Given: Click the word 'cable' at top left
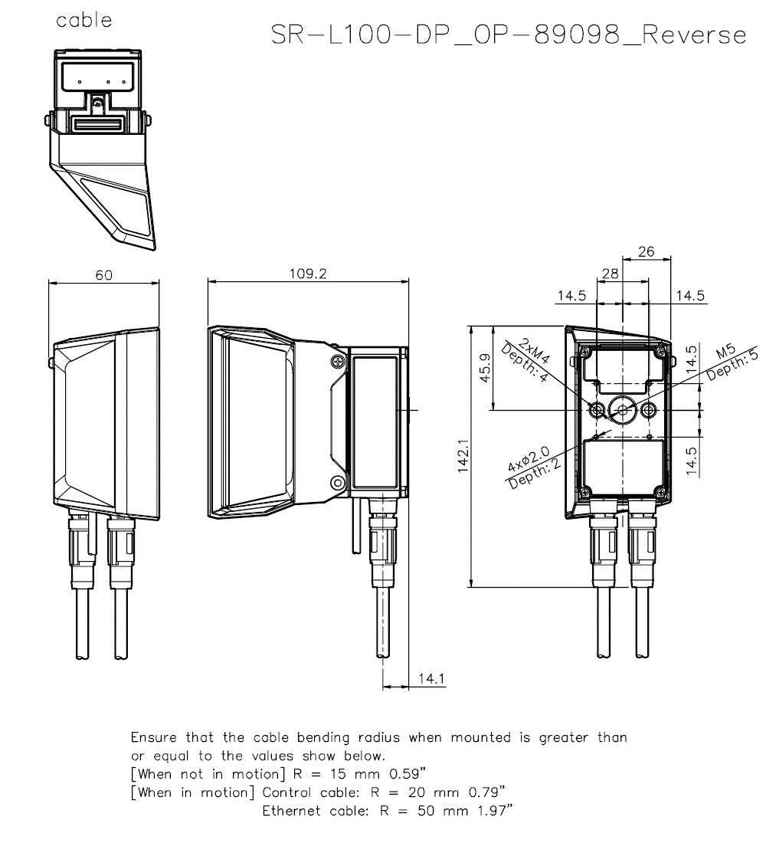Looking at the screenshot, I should (x=84, y=21).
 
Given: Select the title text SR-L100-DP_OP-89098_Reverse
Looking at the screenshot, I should (x=509, y=35).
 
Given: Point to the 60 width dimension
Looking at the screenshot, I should (x=104, y=274).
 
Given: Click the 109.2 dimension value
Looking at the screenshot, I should (x=307, y=274).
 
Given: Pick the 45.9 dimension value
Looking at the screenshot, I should (x=485, y=369).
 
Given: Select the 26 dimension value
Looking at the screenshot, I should (x=647, y=251).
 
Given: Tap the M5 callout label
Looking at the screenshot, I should (x=725, y=353).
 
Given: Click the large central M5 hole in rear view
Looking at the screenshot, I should (x=623, y=410).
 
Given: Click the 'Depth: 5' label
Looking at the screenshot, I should (x=732, y=366).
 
